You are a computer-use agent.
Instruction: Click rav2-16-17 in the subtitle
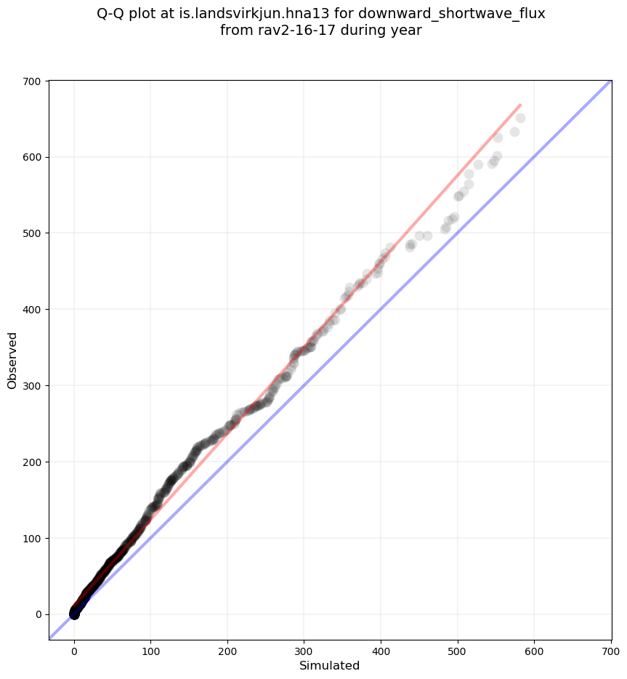(286, 31)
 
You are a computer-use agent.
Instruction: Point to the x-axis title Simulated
(330, 665)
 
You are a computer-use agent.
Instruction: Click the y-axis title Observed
(12, 360)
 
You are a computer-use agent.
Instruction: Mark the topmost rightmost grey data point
(520, 118)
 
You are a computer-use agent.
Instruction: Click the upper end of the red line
(520, 105)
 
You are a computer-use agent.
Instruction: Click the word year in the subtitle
(408, 31)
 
